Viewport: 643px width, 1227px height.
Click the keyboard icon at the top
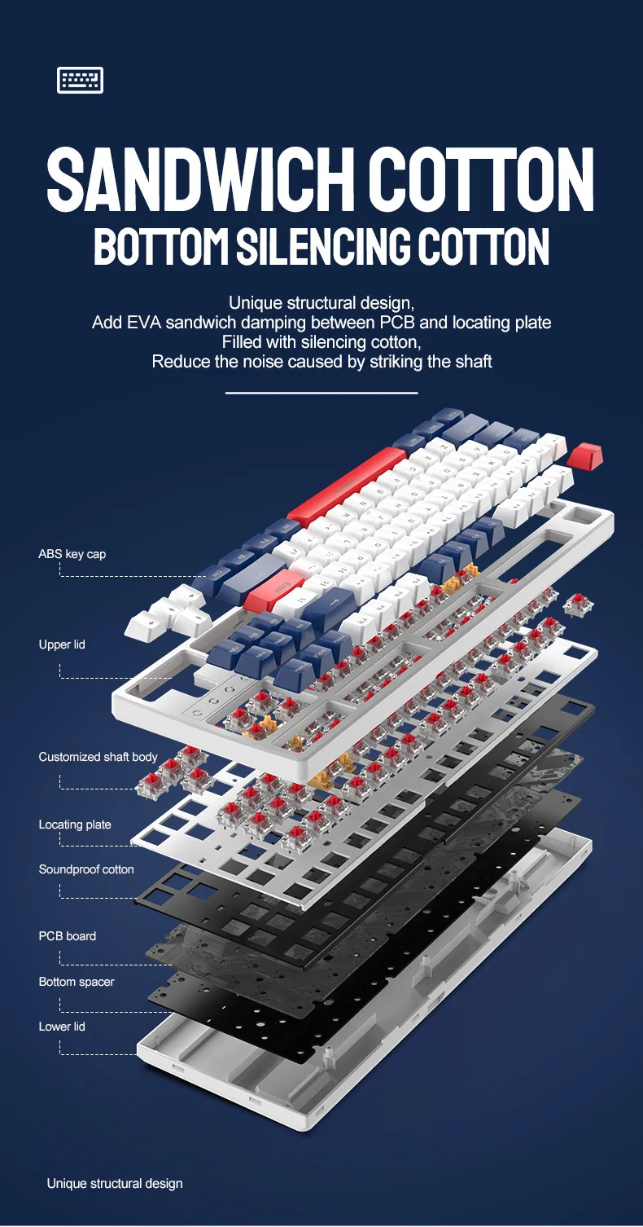(x=80, y=80)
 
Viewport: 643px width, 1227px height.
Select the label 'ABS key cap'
(x=72, y=554)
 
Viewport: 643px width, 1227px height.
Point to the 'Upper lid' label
(x=62, y=644)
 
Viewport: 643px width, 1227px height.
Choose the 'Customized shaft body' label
(x=98, y=756)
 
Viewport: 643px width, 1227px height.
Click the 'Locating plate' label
(x=75, y=825)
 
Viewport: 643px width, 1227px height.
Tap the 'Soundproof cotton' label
(x=86, y=869)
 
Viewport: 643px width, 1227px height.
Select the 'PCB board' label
(x=68, y=935)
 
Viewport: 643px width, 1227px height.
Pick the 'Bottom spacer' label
(x=77, y=982)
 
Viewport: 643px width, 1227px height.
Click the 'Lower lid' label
(x=62, y=1027)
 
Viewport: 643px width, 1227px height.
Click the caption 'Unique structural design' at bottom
(x=115, y=1183)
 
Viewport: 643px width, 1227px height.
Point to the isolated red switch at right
(x=578, y=605)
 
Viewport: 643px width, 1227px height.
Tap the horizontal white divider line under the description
(x=321, y=393)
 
